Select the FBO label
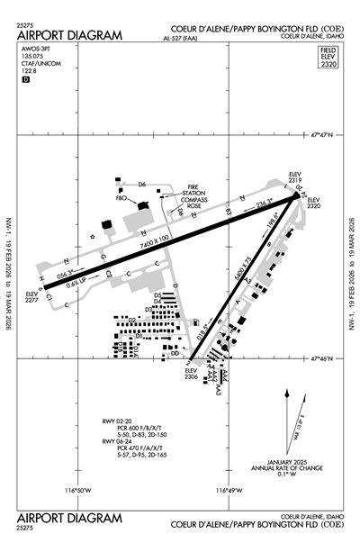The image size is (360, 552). point(120,196)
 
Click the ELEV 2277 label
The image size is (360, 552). point(32,298)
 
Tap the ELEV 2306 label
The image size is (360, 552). point(191,375)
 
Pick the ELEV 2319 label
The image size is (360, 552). point(295,178)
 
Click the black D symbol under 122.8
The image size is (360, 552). point(25,79)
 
